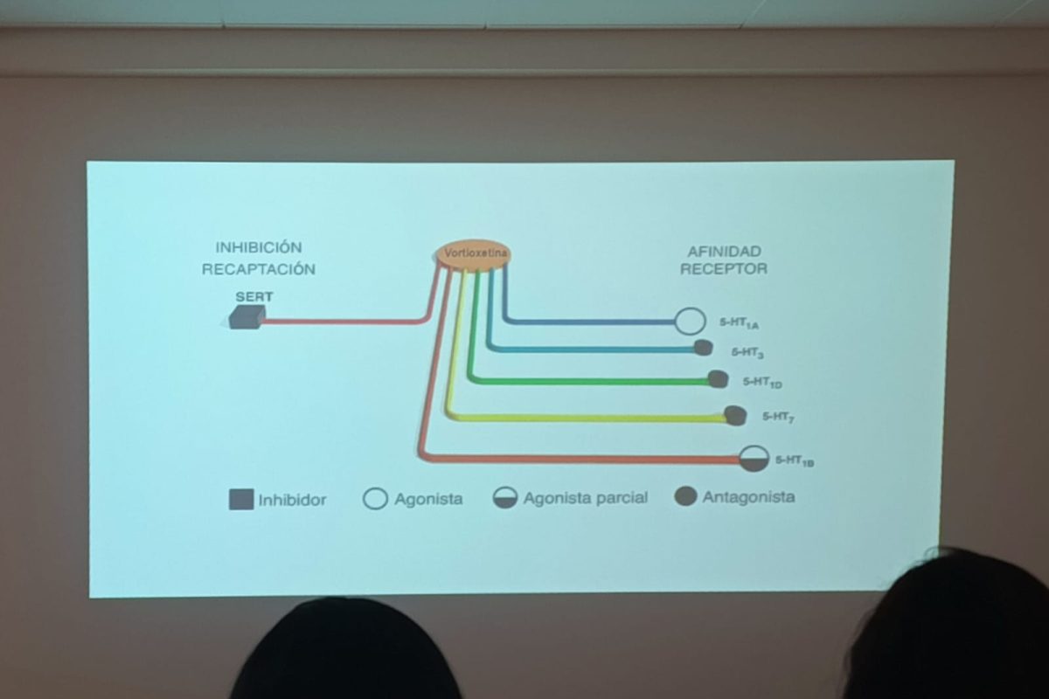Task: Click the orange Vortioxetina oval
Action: click(473, 254)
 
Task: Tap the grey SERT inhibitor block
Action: click(247, 316)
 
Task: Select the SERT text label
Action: click(254, 297)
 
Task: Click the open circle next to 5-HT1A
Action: click(690, 322)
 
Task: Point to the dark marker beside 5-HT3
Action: click(703, 349)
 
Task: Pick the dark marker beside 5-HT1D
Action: click(718, 379)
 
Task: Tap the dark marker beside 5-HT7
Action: click(735, 416)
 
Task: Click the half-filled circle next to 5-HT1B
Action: click(754, 458)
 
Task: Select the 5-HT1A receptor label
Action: click(739, 323)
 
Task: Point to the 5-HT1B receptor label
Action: click(794, 460)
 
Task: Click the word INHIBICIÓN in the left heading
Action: click(259, 248)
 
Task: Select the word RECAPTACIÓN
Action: click(259, 269)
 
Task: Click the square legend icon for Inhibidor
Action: click(241, 500)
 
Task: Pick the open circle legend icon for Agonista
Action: click(375, 499)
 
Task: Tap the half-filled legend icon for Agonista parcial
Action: click(505, 498)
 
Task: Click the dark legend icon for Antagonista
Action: click(687, 497)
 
